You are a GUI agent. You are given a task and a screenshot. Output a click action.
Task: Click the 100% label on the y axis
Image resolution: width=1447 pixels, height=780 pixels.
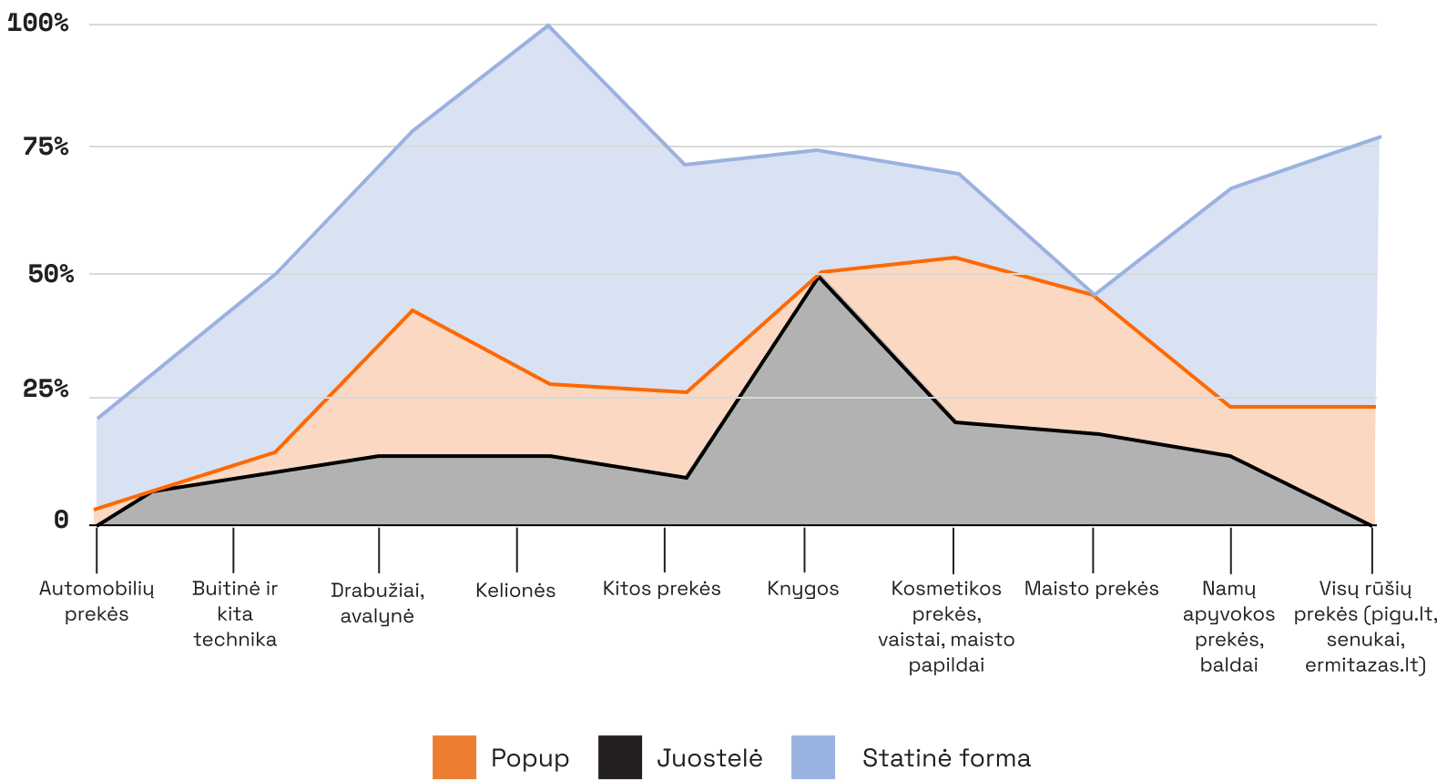click(37, 23)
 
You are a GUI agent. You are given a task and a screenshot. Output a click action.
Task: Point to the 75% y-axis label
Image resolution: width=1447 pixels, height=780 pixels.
click(46, 146)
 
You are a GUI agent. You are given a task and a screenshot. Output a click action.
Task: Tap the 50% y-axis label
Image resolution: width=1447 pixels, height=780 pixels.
click(50, 273)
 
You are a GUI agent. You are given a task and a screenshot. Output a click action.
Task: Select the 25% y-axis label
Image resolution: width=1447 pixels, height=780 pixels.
click(46, 389)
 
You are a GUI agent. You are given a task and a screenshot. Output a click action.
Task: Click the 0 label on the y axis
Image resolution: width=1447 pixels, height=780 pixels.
click(61, 519)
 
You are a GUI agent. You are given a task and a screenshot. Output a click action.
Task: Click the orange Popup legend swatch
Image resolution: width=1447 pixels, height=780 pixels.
click(454, 757)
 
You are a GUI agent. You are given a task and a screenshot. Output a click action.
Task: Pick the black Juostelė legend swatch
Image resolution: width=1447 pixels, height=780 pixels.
click(620, 757)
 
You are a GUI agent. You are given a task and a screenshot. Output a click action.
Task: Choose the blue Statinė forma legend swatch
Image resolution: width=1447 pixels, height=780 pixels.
click(813, 757)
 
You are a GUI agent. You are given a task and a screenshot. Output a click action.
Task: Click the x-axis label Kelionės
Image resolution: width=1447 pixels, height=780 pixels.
click(515, 591)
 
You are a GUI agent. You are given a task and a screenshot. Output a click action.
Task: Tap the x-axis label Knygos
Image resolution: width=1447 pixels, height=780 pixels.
click(802, 589)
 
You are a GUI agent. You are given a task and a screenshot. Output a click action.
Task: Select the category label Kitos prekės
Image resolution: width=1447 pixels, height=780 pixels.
click(661, 589)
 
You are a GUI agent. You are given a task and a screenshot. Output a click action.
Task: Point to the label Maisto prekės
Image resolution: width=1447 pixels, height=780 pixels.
click(1091, 589)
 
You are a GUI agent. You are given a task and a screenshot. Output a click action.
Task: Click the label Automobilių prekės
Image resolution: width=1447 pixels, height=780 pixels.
click(97, 601)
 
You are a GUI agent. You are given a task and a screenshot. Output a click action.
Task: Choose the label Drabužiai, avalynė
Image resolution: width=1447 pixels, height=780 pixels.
click(377, 603)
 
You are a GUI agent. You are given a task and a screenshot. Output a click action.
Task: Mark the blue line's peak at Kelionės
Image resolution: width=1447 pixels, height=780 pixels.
click(548, 25)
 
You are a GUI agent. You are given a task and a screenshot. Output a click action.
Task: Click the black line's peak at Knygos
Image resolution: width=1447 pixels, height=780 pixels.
click(819, 277)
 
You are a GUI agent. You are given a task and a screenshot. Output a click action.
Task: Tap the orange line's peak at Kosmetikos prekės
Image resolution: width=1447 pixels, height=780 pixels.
click(954, 258)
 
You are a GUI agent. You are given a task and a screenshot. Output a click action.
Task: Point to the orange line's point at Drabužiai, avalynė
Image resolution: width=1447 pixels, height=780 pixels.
click(413, 310)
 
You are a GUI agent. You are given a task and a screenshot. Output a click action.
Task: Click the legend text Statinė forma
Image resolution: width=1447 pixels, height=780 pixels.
click(946, 758)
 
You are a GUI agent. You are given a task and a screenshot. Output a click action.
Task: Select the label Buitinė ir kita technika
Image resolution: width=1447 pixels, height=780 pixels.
click(235, 613)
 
